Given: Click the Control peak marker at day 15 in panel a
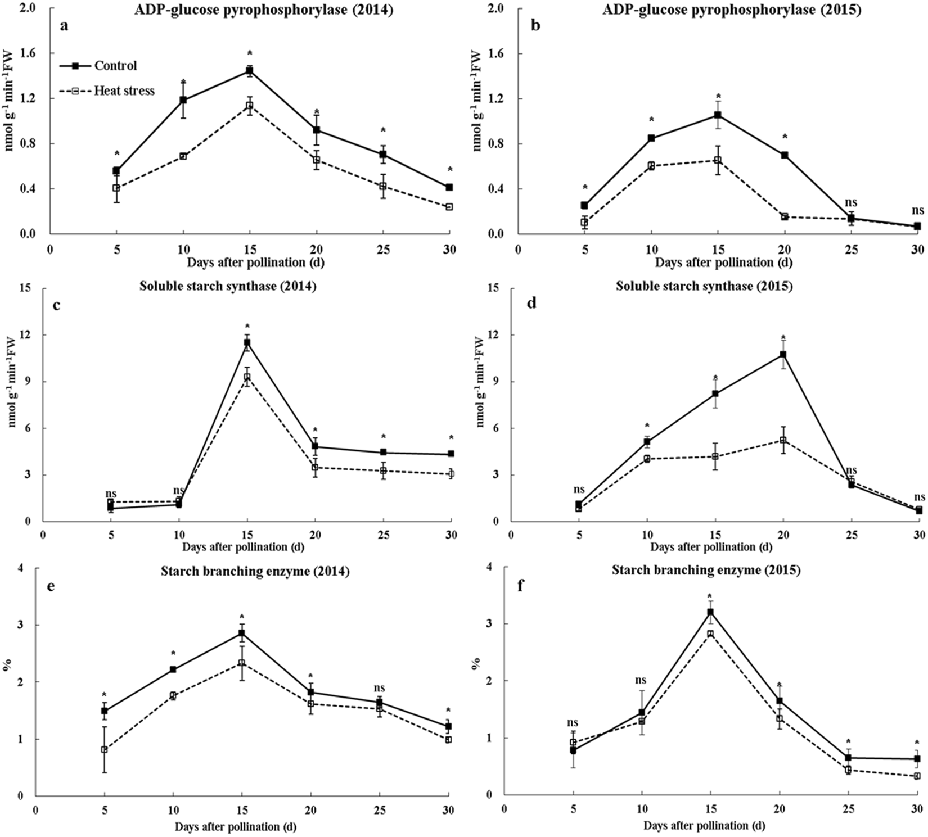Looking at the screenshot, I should click(x=249, y=71).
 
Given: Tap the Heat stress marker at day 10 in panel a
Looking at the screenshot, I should click(x=183, y=156).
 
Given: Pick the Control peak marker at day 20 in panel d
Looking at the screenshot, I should click(x=783, y=355).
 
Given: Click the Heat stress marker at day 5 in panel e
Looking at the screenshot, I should click(x=105, y=749).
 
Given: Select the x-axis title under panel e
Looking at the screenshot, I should click(x=235, y=827).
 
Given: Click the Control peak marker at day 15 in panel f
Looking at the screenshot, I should click(x=711, y=612).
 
